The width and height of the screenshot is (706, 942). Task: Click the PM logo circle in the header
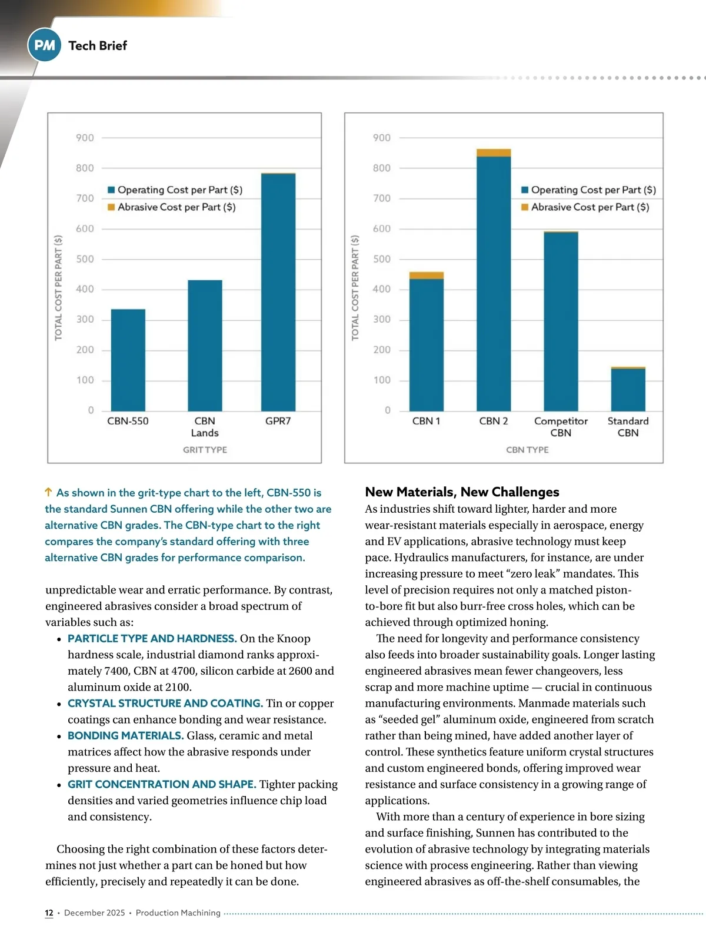[x=44, y=45]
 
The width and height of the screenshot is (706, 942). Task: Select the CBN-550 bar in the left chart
[x=128, y=360]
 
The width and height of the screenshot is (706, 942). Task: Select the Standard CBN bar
[x=628, y=389]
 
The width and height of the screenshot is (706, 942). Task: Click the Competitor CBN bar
[x=561, y=321]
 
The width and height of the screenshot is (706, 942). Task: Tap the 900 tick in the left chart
[x=85, y=138]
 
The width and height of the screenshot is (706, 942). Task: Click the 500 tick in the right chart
[x=381, y=259]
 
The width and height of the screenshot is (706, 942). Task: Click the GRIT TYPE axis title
[x=205, y=450]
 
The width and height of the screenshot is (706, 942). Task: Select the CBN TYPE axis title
[x=527, y=450]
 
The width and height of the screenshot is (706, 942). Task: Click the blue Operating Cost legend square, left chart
[x=111, y=190]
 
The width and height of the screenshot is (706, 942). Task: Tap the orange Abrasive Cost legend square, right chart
[x=525, y=207]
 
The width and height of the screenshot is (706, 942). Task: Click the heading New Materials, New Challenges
[x=462, y=492]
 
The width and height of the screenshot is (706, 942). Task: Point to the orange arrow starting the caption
[x=49, y=492]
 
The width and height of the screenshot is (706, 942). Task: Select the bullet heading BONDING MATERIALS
[x=125, y=736]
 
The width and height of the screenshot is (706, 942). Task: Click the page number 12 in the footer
[x=49, y=913]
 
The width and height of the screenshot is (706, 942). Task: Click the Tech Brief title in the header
[x=97, y=45]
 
